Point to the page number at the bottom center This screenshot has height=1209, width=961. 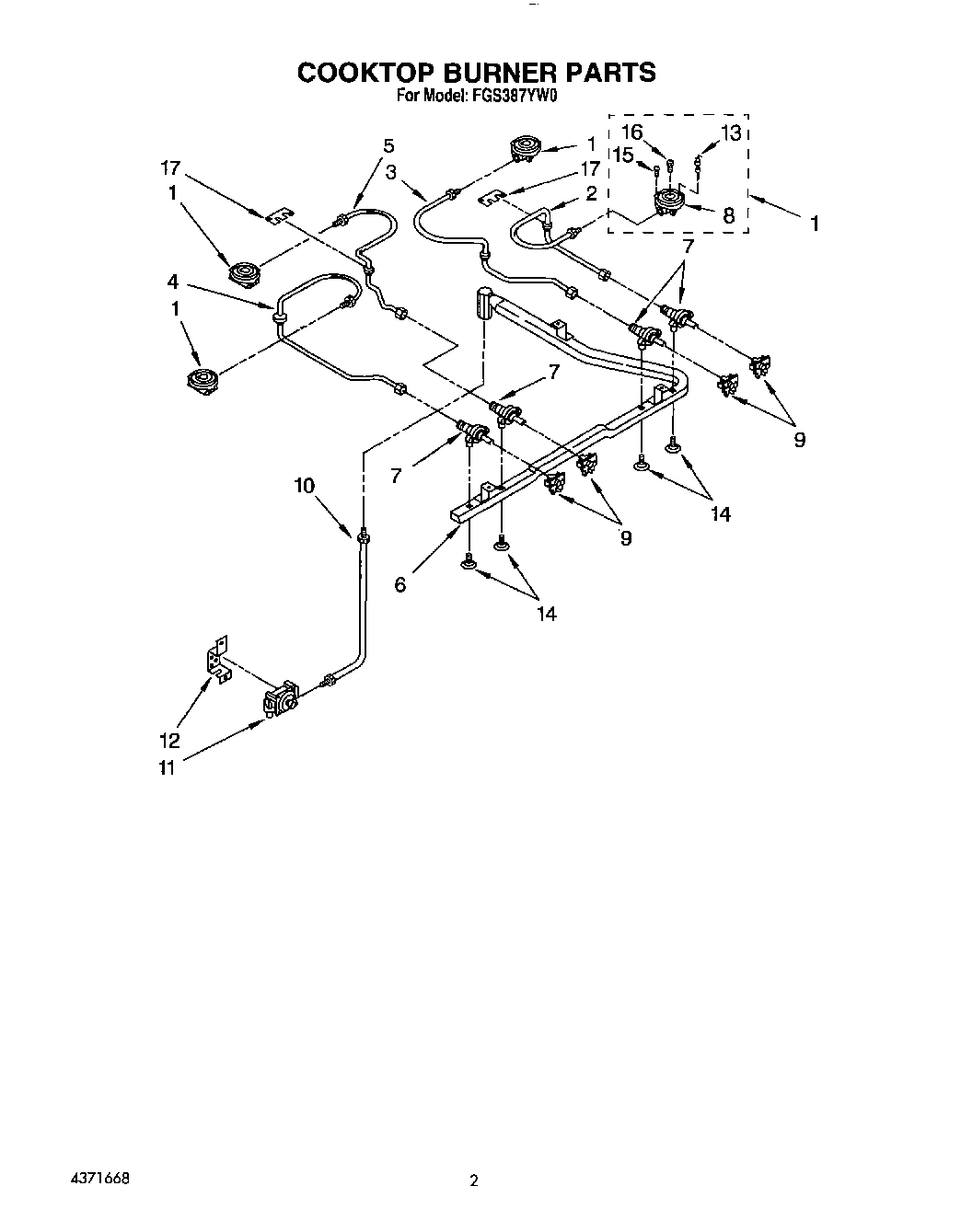(474, 1180)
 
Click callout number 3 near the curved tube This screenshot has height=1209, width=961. (391, 171)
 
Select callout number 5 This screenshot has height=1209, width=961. (388, 145)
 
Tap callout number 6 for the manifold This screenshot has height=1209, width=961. (399, 583)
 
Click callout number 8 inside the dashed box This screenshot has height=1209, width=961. (728, 216)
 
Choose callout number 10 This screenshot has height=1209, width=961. (305, 486)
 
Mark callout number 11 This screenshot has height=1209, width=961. (167, 766)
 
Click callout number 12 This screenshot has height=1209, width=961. (169, 741)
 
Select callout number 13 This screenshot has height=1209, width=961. (730, 133)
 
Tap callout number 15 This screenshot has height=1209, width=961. (623, 155)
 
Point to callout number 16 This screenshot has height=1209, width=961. (631, 132)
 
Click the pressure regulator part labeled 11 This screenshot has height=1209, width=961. (282, 701)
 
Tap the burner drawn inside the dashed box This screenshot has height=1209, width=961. (668, 202)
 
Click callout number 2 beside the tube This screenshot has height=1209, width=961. (591, 193)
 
